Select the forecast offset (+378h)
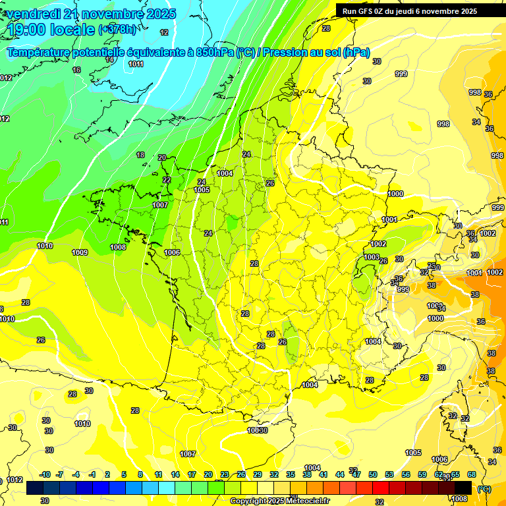(117, 30)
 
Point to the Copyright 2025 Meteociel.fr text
(279, 501)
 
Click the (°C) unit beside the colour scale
(484, 489)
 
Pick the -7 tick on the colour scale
(59, 475)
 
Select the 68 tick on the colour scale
(472, 475)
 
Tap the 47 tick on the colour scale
(356, 475)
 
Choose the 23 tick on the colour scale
(224, 475)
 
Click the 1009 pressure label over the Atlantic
(80, 253)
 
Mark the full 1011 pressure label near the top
(136, 64)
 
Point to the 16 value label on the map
(76, 70)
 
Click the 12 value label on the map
(164, 32)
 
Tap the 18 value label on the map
(140, 155)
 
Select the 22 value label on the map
(167, 180)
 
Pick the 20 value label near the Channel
(162, 158)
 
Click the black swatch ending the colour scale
(463, 488)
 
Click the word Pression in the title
(285, 53)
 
